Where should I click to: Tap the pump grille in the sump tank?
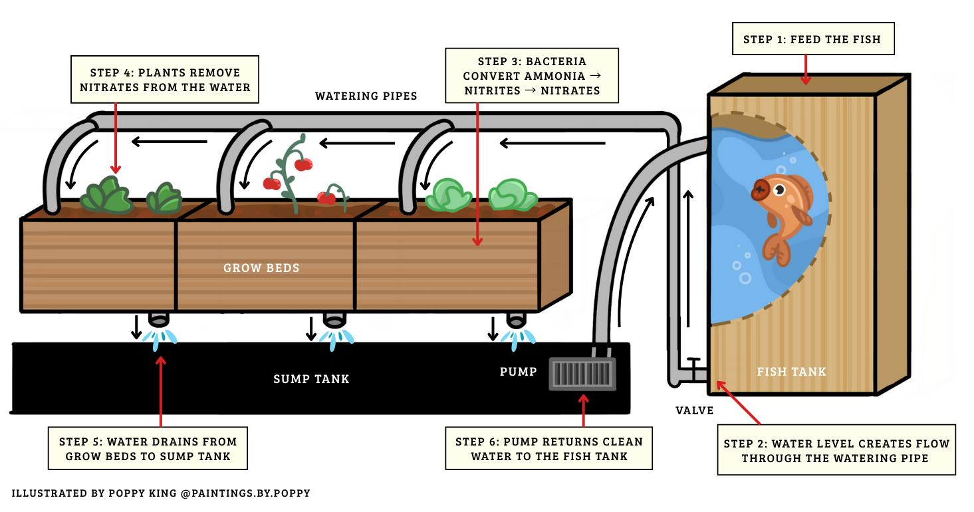[582, 374]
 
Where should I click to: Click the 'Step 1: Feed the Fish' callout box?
[812, 40]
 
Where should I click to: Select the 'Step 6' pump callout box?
[548, 449]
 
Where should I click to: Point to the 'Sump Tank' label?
[311, 379]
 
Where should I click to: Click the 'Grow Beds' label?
[261, 269]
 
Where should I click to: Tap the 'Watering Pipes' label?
[366, 96]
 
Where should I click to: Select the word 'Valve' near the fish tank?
[695, 411]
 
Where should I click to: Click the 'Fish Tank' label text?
[791, 372]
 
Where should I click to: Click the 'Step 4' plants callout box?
[165, 80]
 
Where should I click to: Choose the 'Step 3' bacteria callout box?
[532, 76]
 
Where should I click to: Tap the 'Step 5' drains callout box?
[148, 449]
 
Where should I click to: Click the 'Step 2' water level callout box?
[836, 450]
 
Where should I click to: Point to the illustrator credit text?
[161, 493]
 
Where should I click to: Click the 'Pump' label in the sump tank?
[518, 372]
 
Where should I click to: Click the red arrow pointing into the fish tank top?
[806, 70]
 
